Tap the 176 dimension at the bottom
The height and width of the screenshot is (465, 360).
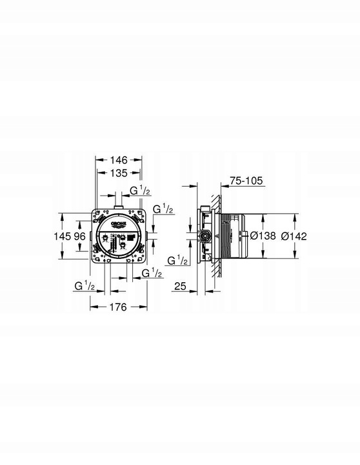pyautogui.click(x=117, y=307)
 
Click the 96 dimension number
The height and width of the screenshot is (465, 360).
pyautogui.click(x=79, y=236)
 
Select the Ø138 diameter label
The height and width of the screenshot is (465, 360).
pyautogui.click(x=263, y=236)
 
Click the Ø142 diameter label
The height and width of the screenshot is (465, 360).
pyautogui.click(x=294, y=236)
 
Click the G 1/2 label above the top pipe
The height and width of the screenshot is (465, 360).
pyautogui.click(x=140, y=191)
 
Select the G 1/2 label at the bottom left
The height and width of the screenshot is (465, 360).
pyautogui.click(x=85, y=285)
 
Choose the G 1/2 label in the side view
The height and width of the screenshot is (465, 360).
pyautogui.click(x=177, y=260)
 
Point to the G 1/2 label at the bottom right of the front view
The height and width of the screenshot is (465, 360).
pyautogui.click(x=152, y=274)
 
